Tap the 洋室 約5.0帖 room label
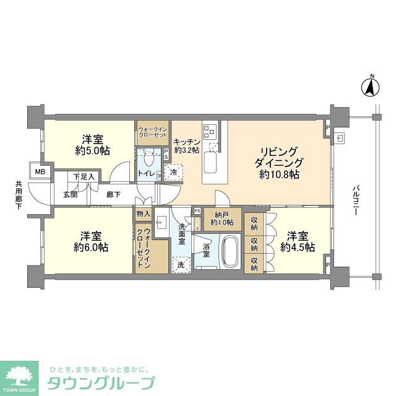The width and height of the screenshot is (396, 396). [x=93, y=145]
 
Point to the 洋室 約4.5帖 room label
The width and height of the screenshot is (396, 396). [x=298, y=241]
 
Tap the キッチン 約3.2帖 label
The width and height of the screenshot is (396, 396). [x=186, y=145]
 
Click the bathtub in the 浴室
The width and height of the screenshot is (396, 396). [x=230, y=251]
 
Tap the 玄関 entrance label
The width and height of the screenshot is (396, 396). [x=69, y=194]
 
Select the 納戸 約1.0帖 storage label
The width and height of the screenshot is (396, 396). [x=221, y=218]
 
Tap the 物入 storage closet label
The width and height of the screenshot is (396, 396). [x=143, y=213]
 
